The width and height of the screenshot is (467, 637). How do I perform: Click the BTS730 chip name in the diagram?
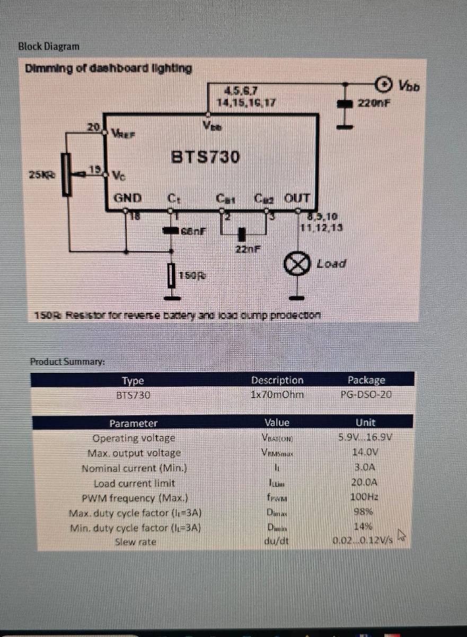pos(205,157)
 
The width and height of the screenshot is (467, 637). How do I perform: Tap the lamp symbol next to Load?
pos(297,264)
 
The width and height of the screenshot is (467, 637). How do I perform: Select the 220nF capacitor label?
pos(373,102)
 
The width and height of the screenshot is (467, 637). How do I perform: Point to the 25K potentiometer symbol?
pos(66,175)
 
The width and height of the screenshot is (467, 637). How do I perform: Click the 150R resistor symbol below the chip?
pos(171,276)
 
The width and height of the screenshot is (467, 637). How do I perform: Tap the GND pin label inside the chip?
pos(128,199)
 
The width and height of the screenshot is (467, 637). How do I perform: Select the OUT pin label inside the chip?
pos(297,199)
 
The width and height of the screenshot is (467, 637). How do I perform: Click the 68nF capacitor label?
pos(193,231)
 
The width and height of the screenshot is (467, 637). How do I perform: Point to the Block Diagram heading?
pos(49,46)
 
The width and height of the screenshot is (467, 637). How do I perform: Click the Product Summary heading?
pos(67,361)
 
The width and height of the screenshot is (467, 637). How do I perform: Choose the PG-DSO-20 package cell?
pos(366,395)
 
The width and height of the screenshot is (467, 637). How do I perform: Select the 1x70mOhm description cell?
pos(277,395)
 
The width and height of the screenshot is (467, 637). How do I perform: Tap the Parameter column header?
pos(133,423)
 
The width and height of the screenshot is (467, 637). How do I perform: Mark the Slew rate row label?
pos(135,542)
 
